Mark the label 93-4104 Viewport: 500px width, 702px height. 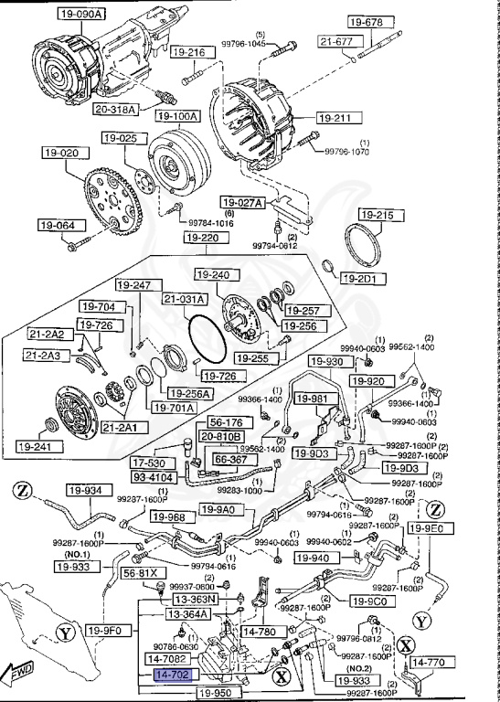pos(154,477)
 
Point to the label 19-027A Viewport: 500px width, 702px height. pos(242,202)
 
